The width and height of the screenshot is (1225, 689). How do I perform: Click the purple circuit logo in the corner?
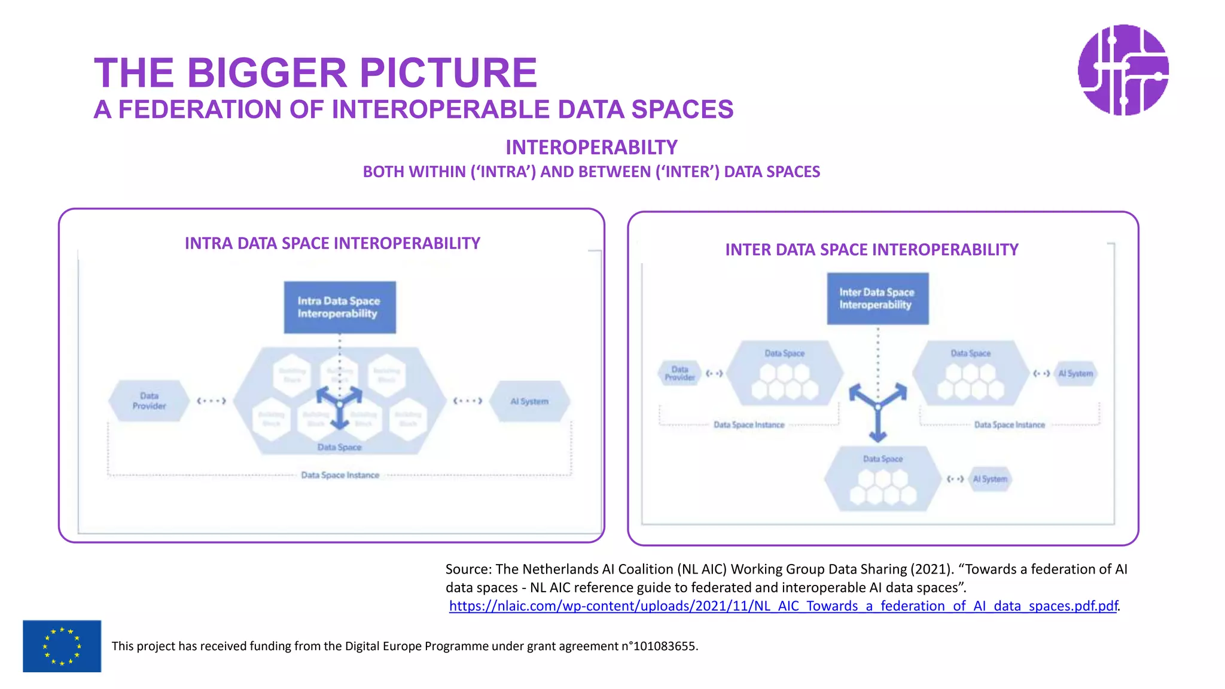[1123, 70]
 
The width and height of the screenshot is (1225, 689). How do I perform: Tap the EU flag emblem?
[62, 646]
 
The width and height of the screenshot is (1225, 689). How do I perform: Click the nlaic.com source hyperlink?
[783, 606]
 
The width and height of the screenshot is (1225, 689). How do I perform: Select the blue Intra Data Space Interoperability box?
[339, 307]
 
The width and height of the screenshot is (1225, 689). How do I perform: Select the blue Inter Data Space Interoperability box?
[877, 298]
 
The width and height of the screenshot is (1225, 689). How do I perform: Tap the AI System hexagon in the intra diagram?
[529, 401]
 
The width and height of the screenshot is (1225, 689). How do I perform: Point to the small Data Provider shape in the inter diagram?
[679, 373]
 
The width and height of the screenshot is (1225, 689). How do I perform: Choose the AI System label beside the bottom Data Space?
[990, 479]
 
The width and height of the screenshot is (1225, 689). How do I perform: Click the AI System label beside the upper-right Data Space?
[1075, 374]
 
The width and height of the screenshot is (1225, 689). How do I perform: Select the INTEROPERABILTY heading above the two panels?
[591, 147]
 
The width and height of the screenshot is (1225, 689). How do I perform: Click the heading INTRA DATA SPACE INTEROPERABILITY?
[332, 243]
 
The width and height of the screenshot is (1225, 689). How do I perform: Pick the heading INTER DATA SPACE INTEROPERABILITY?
[871, 249]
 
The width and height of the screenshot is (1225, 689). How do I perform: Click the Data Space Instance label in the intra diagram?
[340, 475]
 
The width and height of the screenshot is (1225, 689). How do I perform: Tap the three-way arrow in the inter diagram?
[877, 408]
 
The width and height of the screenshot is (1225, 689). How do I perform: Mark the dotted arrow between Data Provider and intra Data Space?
[211, 401]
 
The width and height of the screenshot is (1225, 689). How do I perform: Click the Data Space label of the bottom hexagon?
[882, 459]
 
